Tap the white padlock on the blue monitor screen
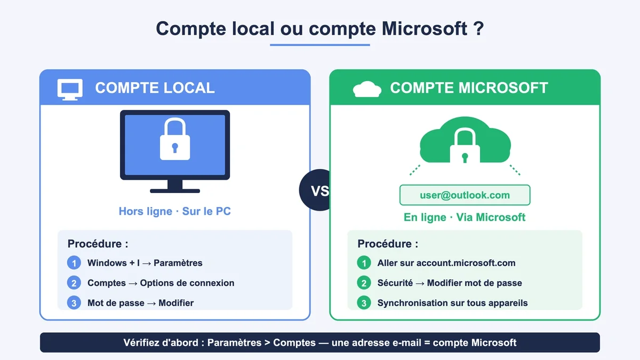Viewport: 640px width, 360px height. (x=175, y=139)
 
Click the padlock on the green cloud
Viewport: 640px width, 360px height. (x=465, y=146)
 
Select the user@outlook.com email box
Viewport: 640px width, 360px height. (x=465, y=195)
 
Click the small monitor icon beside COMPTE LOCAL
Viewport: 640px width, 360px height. (x=70, y=90)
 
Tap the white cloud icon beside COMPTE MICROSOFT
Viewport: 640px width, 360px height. (x=367, y=89)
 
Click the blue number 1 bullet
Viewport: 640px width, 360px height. (x=74, y=262)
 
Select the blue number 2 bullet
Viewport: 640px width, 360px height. (x=74, y=283)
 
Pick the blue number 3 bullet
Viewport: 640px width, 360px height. (x=74, y=302)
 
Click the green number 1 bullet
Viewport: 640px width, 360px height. (x=364, y=262)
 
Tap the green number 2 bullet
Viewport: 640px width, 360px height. (x=364, y=283)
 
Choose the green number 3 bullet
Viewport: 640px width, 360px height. (x=364, y=302)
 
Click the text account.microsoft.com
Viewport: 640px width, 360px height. (x=466, y=263)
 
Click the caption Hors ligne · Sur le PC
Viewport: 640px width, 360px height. (x=175, y=211)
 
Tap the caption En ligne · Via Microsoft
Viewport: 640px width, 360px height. (x=465, y=218)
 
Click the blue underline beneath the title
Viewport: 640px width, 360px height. (x=320, y=45)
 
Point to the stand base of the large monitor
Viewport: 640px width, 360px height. (x=175, y=191)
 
